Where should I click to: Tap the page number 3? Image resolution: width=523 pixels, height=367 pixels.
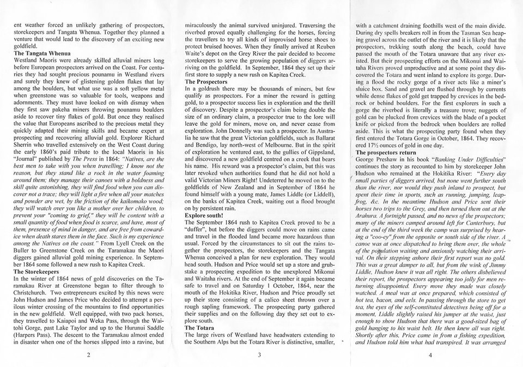pos(260,355)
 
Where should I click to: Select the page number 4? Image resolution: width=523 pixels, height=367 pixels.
pos(429,355)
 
